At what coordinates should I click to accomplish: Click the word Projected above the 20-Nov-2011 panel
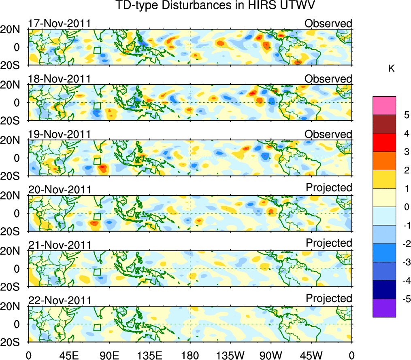[329, 188]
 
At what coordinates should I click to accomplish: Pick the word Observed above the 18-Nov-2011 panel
[328, 79]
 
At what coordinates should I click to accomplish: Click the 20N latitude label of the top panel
[13, 30]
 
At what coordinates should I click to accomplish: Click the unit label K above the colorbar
[391, 69]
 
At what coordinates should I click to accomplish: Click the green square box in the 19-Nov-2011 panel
[97, 161]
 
